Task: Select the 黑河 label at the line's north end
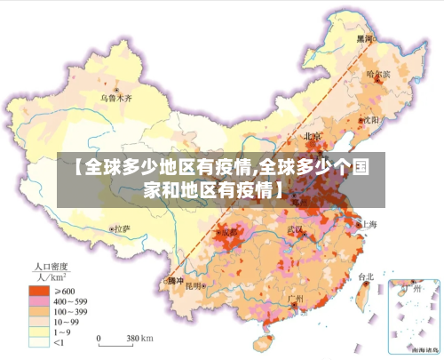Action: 365,38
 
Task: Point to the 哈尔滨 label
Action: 378,75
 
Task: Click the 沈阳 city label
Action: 370,119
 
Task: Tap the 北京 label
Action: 313,136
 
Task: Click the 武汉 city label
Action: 295,230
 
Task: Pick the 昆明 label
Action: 207,286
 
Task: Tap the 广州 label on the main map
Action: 296,298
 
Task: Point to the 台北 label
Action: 365,276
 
